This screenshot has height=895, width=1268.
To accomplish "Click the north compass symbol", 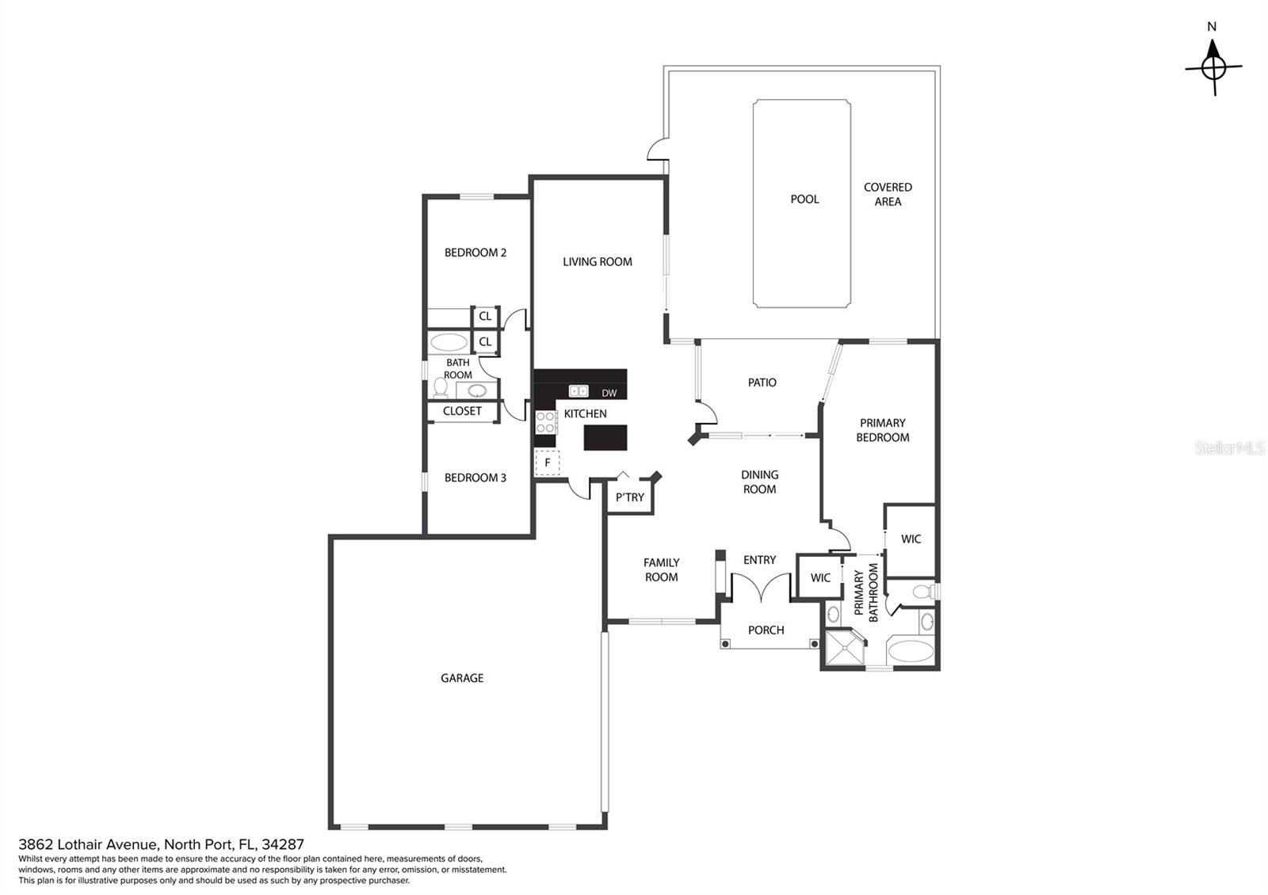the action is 1213,67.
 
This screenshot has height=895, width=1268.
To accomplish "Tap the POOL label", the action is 804,199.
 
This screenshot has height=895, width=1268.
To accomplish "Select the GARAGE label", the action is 462,678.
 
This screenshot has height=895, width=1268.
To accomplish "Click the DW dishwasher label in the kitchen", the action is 609,393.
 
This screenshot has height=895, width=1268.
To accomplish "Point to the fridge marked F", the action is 547,463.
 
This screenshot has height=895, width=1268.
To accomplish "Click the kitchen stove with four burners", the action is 546,422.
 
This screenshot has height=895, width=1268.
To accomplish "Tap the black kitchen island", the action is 605,437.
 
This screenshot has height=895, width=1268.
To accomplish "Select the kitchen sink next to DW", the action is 579,391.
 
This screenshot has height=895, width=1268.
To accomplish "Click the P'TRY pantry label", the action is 630,497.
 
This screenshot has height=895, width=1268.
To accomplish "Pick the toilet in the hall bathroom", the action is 441,387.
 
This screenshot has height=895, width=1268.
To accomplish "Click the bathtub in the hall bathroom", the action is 449,342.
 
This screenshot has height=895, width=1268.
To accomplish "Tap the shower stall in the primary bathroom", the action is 845,648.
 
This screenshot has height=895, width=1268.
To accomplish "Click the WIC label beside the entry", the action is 820,577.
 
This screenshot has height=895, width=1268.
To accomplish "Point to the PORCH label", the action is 766,630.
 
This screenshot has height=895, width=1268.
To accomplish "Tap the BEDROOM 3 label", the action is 475,478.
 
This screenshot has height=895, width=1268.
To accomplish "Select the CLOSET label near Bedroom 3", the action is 462,411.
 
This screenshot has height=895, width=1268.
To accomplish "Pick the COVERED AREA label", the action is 888,194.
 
